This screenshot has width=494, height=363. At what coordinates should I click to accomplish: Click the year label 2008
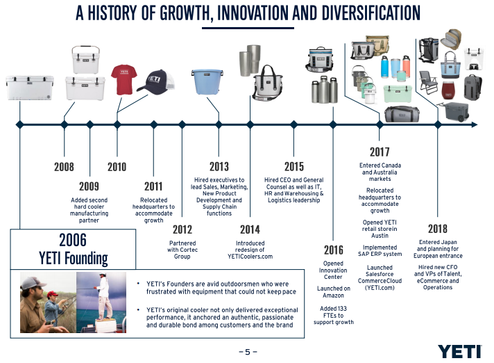click(x=64, y=167)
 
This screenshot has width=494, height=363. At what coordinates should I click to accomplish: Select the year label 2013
click(x=219, y=167)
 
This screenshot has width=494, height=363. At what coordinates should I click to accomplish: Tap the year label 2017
click(x=380, y=152)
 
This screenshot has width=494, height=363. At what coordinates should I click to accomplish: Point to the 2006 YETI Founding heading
click(x=73, y=250)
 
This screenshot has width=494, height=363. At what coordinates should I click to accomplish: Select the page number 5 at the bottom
click(x=247, y=352)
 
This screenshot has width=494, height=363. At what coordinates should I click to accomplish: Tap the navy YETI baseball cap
click(x=155, y=81)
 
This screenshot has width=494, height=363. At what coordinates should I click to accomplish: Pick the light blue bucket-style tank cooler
click(x=206, y=81)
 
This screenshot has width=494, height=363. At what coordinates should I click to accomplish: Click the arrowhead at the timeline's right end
click(x=474, y=124)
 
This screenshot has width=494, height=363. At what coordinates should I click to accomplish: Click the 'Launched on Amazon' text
click(x=333, y=292)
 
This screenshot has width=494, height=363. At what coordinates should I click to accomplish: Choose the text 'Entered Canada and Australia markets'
click(x=380, y=172)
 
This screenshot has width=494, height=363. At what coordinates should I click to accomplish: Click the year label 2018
click(x=438, y=229)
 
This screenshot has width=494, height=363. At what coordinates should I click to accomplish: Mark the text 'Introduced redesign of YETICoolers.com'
click(x=250, y=250)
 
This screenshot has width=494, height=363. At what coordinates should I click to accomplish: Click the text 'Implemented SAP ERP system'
click(x=380, y=250)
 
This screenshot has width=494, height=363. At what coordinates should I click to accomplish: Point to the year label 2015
click(x=294, y=167)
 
